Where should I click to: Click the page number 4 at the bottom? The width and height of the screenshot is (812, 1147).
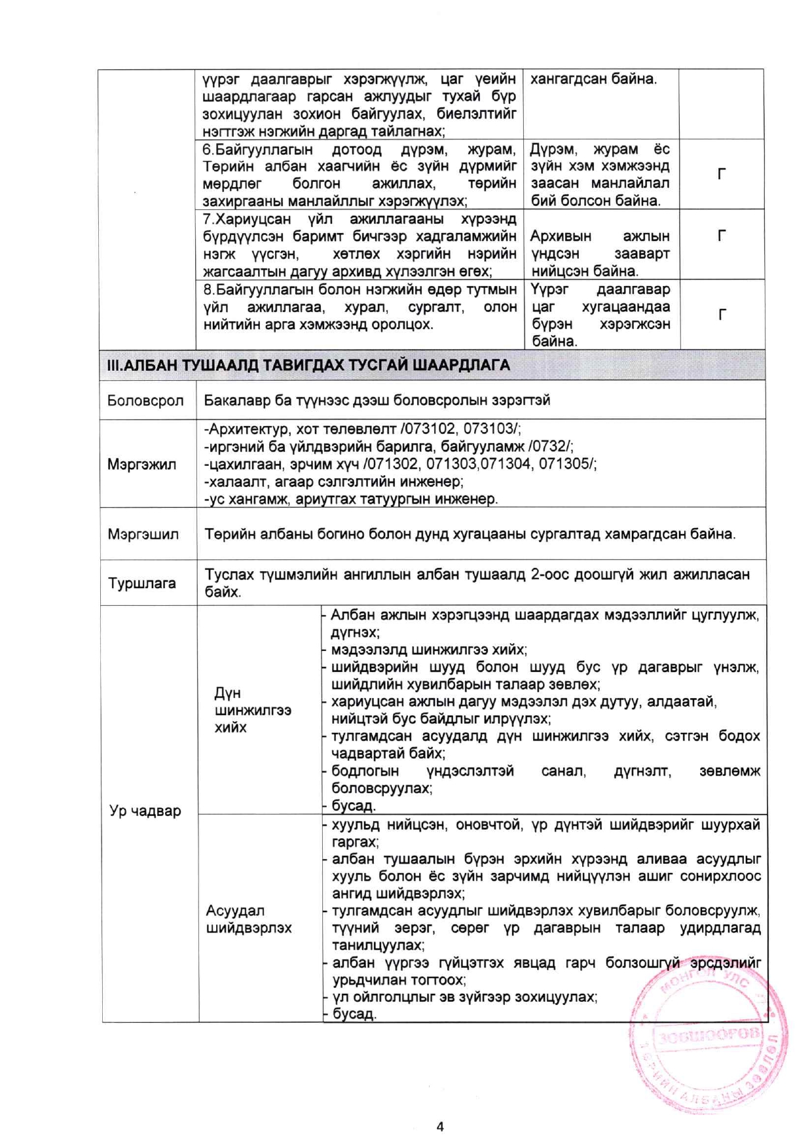[x=439, y=1126]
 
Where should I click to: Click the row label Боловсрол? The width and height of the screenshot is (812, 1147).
[x=145, y=400]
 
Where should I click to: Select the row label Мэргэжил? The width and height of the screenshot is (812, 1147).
[x=142, y=465]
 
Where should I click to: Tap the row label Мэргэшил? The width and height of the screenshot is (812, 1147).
[x=143, y=534]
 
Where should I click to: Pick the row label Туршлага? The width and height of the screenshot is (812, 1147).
[x=142, y=583]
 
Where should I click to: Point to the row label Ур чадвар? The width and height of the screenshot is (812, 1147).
[x=145, y=811]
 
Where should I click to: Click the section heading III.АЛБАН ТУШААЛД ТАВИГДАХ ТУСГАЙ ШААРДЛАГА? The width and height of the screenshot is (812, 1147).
[x=308, y=365]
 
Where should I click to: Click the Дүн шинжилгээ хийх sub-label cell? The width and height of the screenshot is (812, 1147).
[x=252, y=710]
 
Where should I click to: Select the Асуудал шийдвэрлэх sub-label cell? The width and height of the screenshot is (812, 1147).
[x=249, y=919]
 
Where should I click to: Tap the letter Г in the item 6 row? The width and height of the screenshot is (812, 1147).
[x=722, y=174]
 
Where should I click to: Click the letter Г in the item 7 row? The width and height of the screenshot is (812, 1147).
[x=722, y=236]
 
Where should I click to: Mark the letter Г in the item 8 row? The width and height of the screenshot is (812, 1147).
[x=722, y=315]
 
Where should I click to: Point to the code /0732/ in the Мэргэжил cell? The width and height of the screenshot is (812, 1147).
[x=551, y=446]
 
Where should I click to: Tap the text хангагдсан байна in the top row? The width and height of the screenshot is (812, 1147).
[x=593, y=79]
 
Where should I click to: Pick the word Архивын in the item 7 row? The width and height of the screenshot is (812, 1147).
[x=561, y=236]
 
